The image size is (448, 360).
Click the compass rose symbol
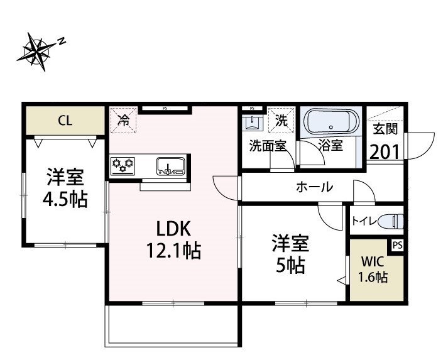pyautogui.click(x=36, y=50)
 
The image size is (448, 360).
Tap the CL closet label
pyautogui.click(x=65, y=121)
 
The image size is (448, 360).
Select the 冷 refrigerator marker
pyautogui.click(x=124, y=119)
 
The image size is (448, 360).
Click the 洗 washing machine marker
pyautogui.click(x=281, y=120)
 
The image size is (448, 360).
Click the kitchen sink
pyautogui.click(x=170, y=166)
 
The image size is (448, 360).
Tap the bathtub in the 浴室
pyautogui.click(x=331, y=122)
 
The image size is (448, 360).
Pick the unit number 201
pyautogui.click(x=386, y=151)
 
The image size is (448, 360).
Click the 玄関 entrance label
pyautogui.click(x=386, y=129)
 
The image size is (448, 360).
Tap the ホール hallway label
pyautogui.click(x=314, y=187)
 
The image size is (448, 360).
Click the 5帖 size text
pyautogui.click(x=288, y=265)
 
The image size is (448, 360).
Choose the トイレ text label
pyautogui.click(x=362, y=221)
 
